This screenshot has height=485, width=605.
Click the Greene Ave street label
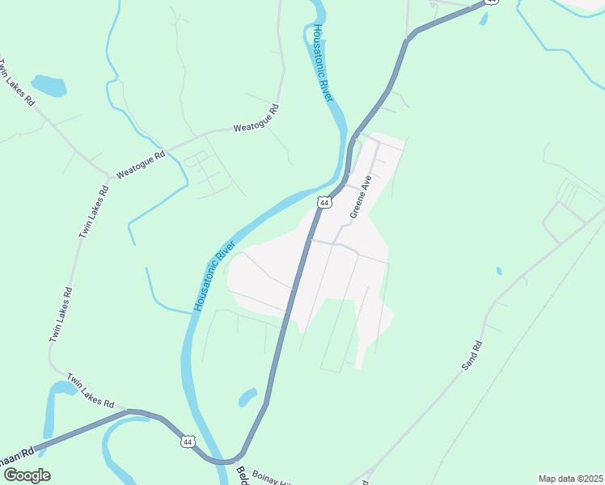[360, 197]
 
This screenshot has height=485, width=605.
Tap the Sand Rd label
[472, 356]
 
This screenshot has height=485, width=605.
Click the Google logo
[26, 475]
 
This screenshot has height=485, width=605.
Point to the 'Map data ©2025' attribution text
[570, 479]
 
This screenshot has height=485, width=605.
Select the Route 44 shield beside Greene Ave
[324, 203]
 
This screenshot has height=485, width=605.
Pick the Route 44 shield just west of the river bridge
[188, 441]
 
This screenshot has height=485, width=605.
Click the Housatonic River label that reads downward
[323, 62]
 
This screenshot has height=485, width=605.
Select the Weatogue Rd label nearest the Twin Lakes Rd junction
[141, 162]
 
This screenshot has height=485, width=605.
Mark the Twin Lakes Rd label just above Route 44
[90, 390]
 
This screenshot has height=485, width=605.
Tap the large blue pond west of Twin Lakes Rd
[48, 84]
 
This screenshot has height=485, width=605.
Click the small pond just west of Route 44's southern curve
[247, 397]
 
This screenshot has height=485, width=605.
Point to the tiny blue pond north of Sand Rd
[498, 271]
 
